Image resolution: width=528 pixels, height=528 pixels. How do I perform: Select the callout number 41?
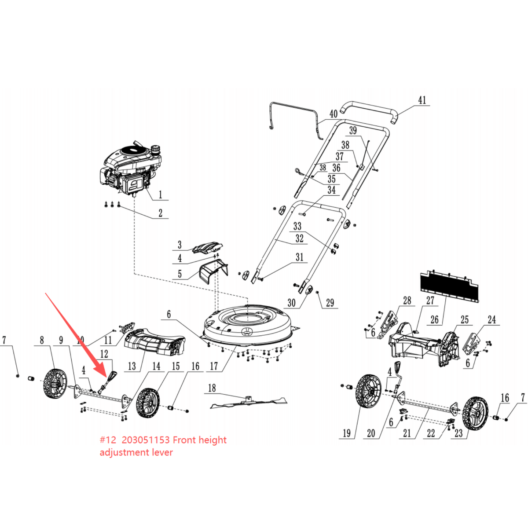[x=422, y=100]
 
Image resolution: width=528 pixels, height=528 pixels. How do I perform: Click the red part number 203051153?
[x=146, y=440]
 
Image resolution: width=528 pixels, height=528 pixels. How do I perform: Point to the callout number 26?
[x=435, y=320]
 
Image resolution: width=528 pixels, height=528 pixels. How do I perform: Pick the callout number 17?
[x=214, y=366]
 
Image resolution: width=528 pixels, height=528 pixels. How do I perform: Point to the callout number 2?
[x=161, y=213]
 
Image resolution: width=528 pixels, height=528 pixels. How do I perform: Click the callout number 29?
[x=330, y=303]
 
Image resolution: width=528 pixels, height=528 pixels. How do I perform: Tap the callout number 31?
[x=300, y=257]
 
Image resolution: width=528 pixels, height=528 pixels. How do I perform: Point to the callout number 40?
[x=334, y=114]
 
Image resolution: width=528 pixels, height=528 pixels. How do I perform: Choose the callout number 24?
[x=492, y=320]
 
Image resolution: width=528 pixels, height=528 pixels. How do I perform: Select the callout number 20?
[x=371, y=433]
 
